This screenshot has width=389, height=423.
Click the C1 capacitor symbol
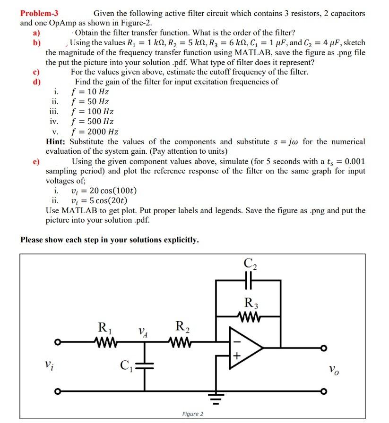click(145, 365)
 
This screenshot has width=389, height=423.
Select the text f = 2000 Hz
click(95, 132)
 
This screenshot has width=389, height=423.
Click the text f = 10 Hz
click(90, 92)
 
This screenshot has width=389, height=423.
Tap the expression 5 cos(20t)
click(99, 200)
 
